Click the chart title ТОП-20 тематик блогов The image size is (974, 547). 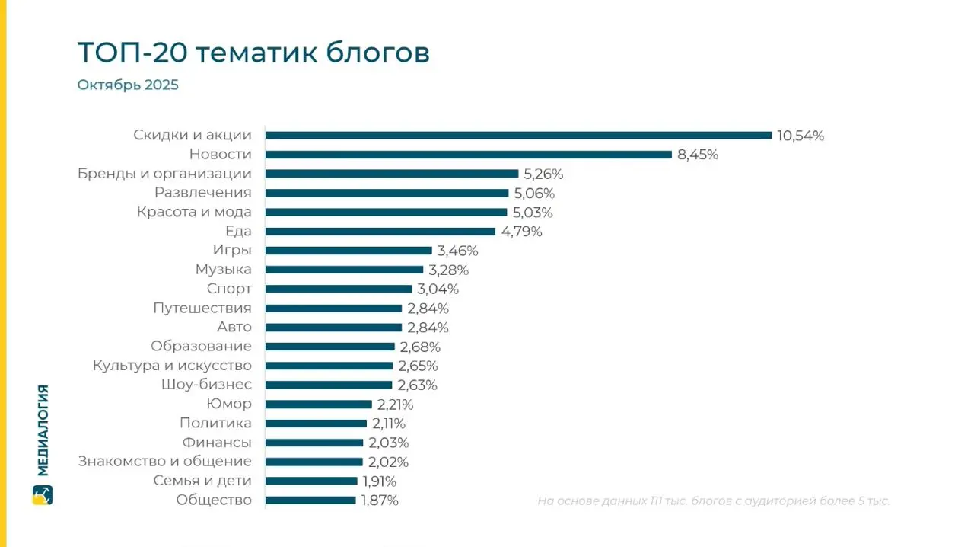pyautogui.click(x=253, y=53)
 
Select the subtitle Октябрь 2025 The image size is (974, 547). pyautogui.click(x=128, y=85)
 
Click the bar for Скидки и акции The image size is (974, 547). pyautogui.click(x=518, y=136)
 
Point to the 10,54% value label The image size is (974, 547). pyautogui.click(x=801, y=136)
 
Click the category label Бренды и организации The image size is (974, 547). pyautogui.click(x=164, y=174)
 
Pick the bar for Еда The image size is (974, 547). pyautogui.click(x=380, y=232)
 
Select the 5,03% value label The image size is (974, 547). pyautogui.click(x=533, y=213)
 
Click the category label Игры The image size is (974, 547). pyautogui.click(x=232, y=251)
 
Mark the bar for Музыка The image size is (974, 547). pyautogui.click(x=344, y=270)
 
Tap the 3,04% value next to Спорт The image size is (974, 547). pyautogui.click(x=438, y=289)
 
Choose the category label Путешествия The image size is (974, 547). pyautogui.click(x=202, y=309)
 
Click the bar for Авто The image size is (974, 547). pyautogui.click(x=333, y=328)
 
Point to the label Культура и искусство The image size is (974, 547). pyautogui.click(x=172, y=366)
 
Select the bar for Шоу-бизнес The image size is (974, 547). pyautogui.click(x=329, y=385)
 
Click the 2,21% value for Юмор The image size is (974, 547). pyautogui.click(x=395, y=405)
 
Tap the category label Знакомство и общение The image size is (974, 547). pyautogui.click(x=164, y=462)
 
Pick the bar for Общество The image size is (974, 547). pyautogui.click(x=310, y=501)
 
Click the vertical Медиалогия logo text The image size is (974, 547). pyautogui.click(x=43, y=430)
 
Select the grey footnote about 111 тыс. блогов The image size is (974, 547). pyautogui.click(x=713, y=501)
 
